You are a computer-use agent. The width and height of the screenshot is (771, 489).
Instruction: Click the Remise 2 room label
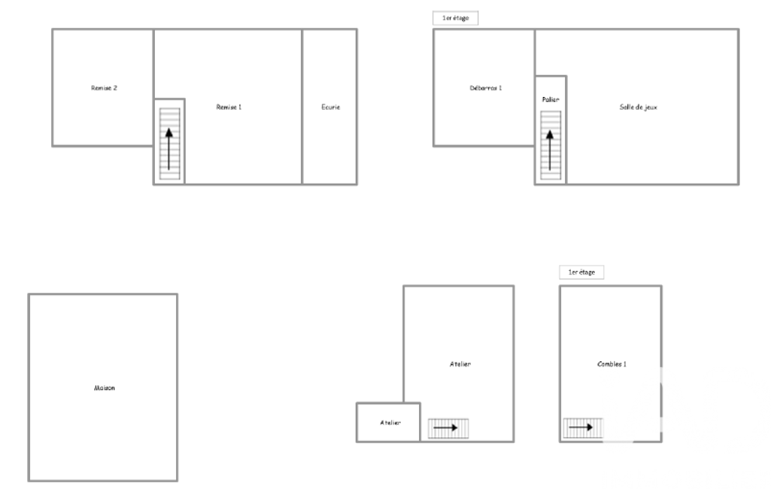click(x=104, y=88)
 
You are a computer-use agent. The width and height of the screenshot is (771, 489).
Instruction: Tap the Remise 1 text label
click(x=229, y=107)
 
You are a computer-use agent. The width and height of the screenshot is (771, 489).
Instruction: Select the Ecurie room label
click(x=330, y=107)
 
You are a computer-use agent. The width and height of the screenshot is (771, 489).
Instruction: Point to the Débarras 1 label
click(x=486, y=88)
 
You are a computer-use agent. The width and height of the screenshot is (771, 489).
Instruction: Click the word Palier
click(x=550, y=99)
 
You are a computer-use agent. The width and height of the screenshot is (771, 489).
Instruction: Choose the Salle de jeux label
click(x=639, y=107)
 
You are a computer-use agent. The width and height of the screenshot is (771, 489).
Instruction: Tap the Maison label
click(x=105, y=387)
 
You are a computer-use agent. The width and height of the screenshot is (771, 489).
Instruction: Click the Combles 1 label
click(x=612, y=364)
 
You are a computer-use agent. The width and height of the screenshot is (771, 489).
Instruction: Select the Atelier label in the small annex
click(x=390, y=423)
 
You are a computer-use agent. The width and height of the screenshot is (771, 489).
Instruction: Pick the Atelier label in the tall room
click(x=460, y=364)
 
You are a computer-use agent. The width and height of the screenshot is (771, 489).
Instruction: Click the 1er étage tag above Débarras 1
click(x=455, y=18)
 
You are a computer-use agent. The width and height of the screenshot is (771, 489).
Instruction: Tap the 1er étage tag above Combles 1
click(x=581, y=272)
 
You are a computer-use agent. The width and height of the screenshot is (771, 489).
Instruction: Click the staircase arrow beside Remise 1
click(x=168, y=149)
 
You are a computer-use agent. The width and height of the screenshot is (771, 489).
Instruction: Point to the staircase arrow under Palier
click(x=550, y=150)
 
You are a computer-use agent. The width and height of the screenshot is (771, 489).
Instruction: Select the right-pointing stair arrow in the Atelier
click(x=445, y=428)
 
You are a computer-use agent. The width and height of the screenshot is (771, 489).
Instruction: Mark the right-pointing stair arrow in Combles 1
click(x=581, y=427)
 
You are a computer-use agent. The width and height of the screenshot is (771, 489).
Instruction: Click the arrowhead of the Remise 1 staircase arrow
click(x=168, y=132)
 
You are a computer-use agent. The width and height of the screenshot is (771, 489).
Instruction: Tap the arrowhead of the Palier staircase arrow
click(x=550, y=135)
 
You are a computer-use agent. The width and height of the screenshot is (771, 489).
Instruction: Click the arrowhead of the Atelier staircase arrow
click(x=454, y=428)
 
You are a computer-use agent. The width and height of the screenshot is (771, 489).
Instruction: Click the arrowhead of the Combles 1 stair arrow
click(x=588, y=427)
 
